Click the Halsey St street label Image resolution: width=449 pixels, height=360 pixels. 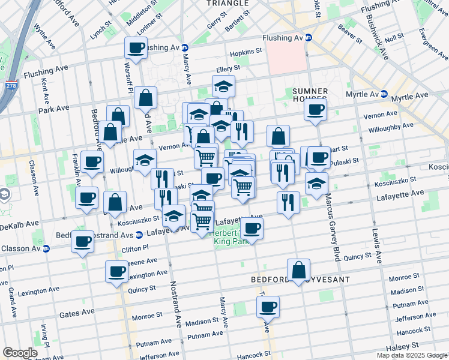pos(403,346)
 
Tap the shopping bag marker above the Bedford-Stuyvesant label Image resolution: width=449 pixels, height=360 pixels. pos(298,271)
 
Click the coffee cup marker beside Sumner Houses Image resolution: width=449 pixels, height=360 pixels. pos(315,110)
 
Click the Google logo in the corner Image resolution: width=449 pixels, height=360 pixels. pos(20,353)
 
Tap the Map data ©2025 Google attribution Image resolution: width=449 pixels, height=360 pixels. pos(412,355)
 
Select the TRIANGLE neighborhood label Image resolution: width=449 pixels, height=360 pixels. pos(227,4)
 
